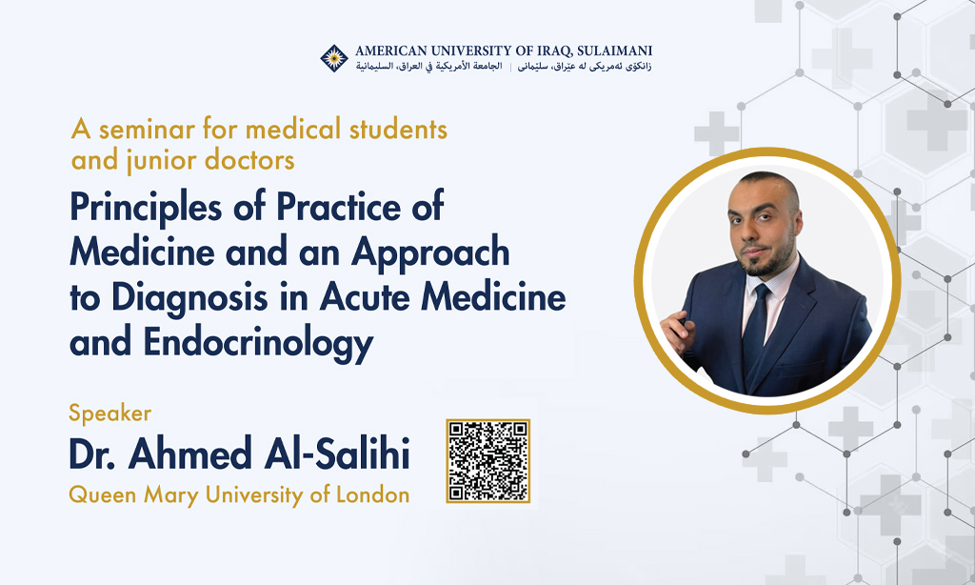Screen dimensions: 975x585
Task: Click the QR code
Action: [x=488, y=460]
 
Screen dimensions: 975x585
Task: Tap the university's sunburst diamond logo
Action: [x=334, y=58]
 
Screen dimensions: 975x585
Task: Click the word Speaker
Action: [x=110, y=414]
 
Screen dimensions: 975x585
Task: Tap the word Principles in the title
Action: [x=146, y=208]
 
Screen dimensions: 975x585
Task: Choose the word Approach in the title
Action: [x=430, y=253]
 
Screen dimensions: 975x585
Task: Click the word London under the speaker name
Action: [x=373, y=494]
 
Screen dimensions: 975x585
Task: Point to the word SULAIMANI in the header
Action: [x=614, y=51]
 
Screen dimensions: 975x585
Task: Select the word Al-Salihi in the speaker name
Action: [x=337, y=454]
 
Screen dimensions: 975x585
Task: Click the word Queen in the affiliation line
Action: [x=103, y=495]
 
